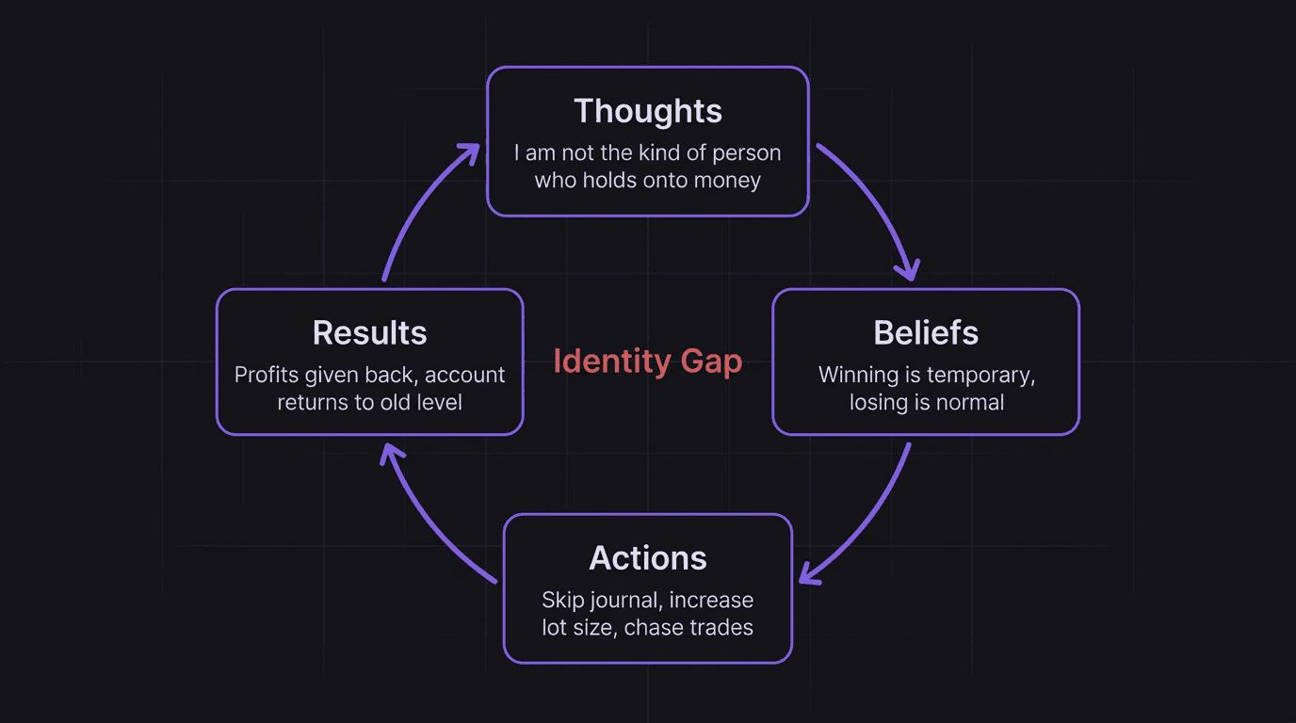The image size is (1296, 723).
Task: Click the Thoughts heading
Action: coord(648,111)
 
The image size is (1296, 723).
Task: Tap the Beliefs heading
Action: coord(926,333)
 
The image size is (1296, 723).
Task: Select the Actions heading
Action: coord(648,558)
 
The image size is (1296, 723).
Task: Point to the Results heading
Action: coord(369,333)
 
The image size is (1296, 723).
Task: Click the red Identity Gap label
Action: coord(648,361)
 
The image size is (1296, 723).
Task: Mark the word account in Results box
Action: coord(465,375)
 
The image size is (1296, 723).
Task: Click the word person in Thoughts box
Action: coord(747,153)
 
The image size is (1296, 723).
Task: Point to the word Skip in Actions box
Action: coord(562,600)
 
